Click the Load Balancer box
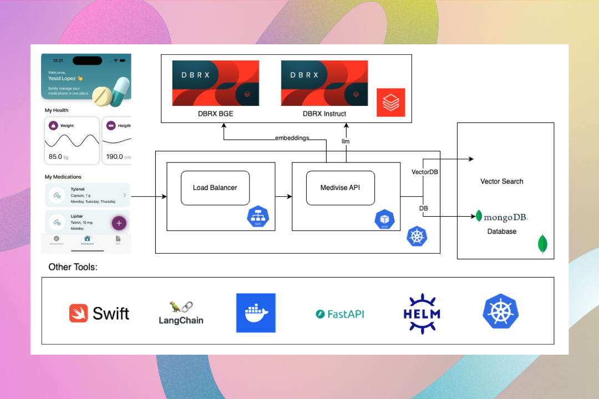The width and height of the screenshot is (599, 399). tap(215, 188)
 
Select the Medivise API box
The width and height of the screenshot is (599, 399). tap(341, 188)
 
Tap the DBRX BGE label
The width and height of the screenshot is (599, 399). tap(216, 114)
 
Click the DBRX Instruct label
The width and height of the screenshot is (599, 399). tap(324, 114)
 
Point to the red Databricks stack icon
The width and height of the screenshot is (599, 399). tap(390, 103)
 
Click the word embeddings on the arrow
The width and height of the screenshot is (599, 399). tap(292, 137)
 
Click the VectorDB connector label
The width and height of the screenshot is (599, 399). tap(425, 172)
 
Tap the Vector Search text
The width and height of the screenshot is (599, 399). tap(502, 181)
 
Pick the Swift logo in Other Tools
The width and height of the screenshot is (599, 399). tap(99, 313)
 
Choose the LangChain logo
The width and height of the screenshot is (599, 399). tap(181, 314)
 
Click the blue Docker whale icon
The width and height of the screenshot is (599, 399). tap(256, 313)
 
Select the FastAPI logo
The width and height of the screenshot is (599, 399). tap(340, 314)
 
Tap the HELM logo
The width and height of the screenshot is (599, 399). tap(422, 314)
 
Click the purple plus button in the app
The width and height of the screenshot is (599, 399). tap(119, 223)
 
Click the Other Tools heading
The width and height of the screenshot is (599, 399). tap(73, 267)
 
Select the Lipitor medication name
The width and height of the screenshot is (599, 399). tap(77, 217)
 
